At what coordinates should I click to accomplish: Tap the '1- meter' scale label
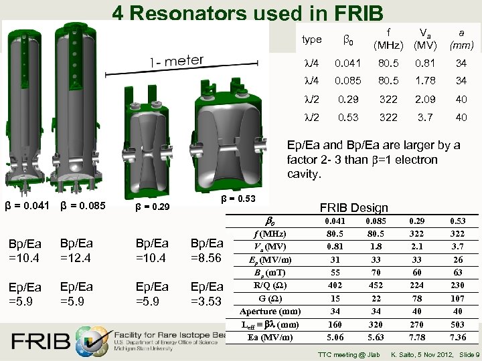click(177, 61)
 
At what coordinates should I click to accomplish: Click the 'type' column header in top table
click(312, 39)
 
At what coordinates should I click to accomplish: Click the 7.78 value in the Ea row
click(417, 337)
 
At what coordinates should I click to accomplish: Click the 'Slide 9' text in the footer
click(466, 354)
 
